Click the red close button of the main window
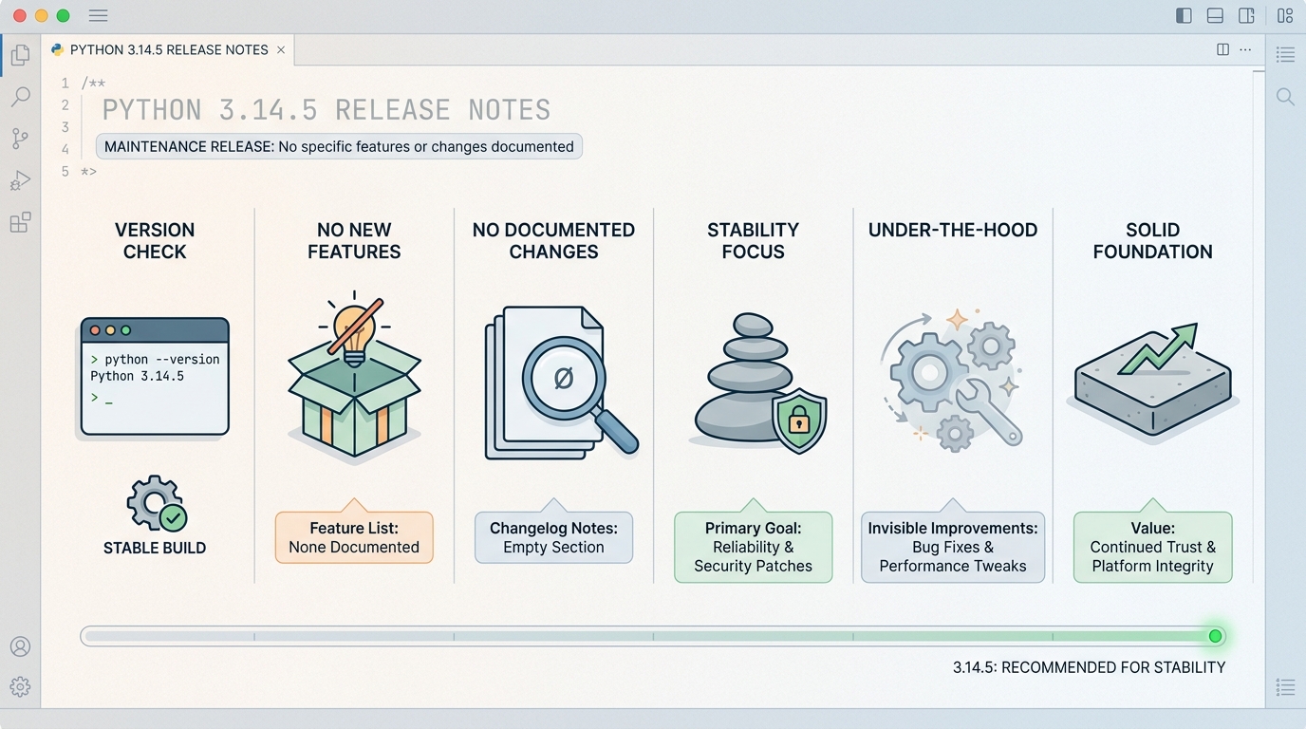(20, 16)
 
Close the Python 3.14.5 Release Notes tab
(281, 50)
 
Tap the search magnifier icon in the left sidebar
(21, 96)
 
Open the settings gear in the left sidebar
(21, 686)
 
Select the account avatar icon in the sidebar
(21, 646)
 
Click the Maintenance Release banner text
(339, 146)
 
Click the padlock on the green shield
(799, 419)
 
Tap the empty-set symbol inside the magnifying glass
(563, 379)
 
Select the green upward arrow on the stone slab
(1159, 347)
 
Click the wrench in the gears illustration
(987, 412)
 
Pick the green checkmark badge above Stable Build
(173, 518)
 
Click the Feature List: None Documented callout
(354, 537)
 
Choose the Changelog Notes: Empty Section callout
(553, 537)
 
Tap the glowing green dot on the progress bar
(1215, 636)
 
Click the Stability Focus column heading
(753, 240)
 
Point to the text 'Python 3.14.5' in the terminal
(137, 376)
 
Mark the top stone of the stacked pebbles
(753, 325)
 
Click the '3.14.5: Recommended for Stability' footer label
(1089, 667)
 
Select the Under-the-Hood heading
(953, 230)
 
